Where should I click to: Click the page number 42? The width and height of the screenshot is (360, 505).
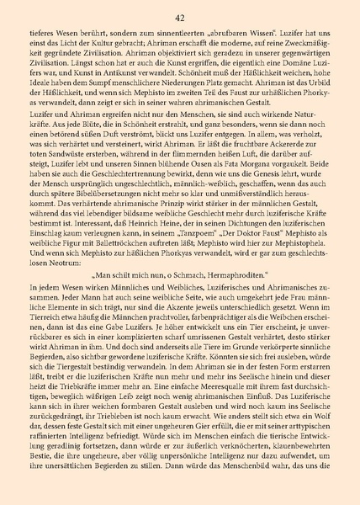pos(180,17)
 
